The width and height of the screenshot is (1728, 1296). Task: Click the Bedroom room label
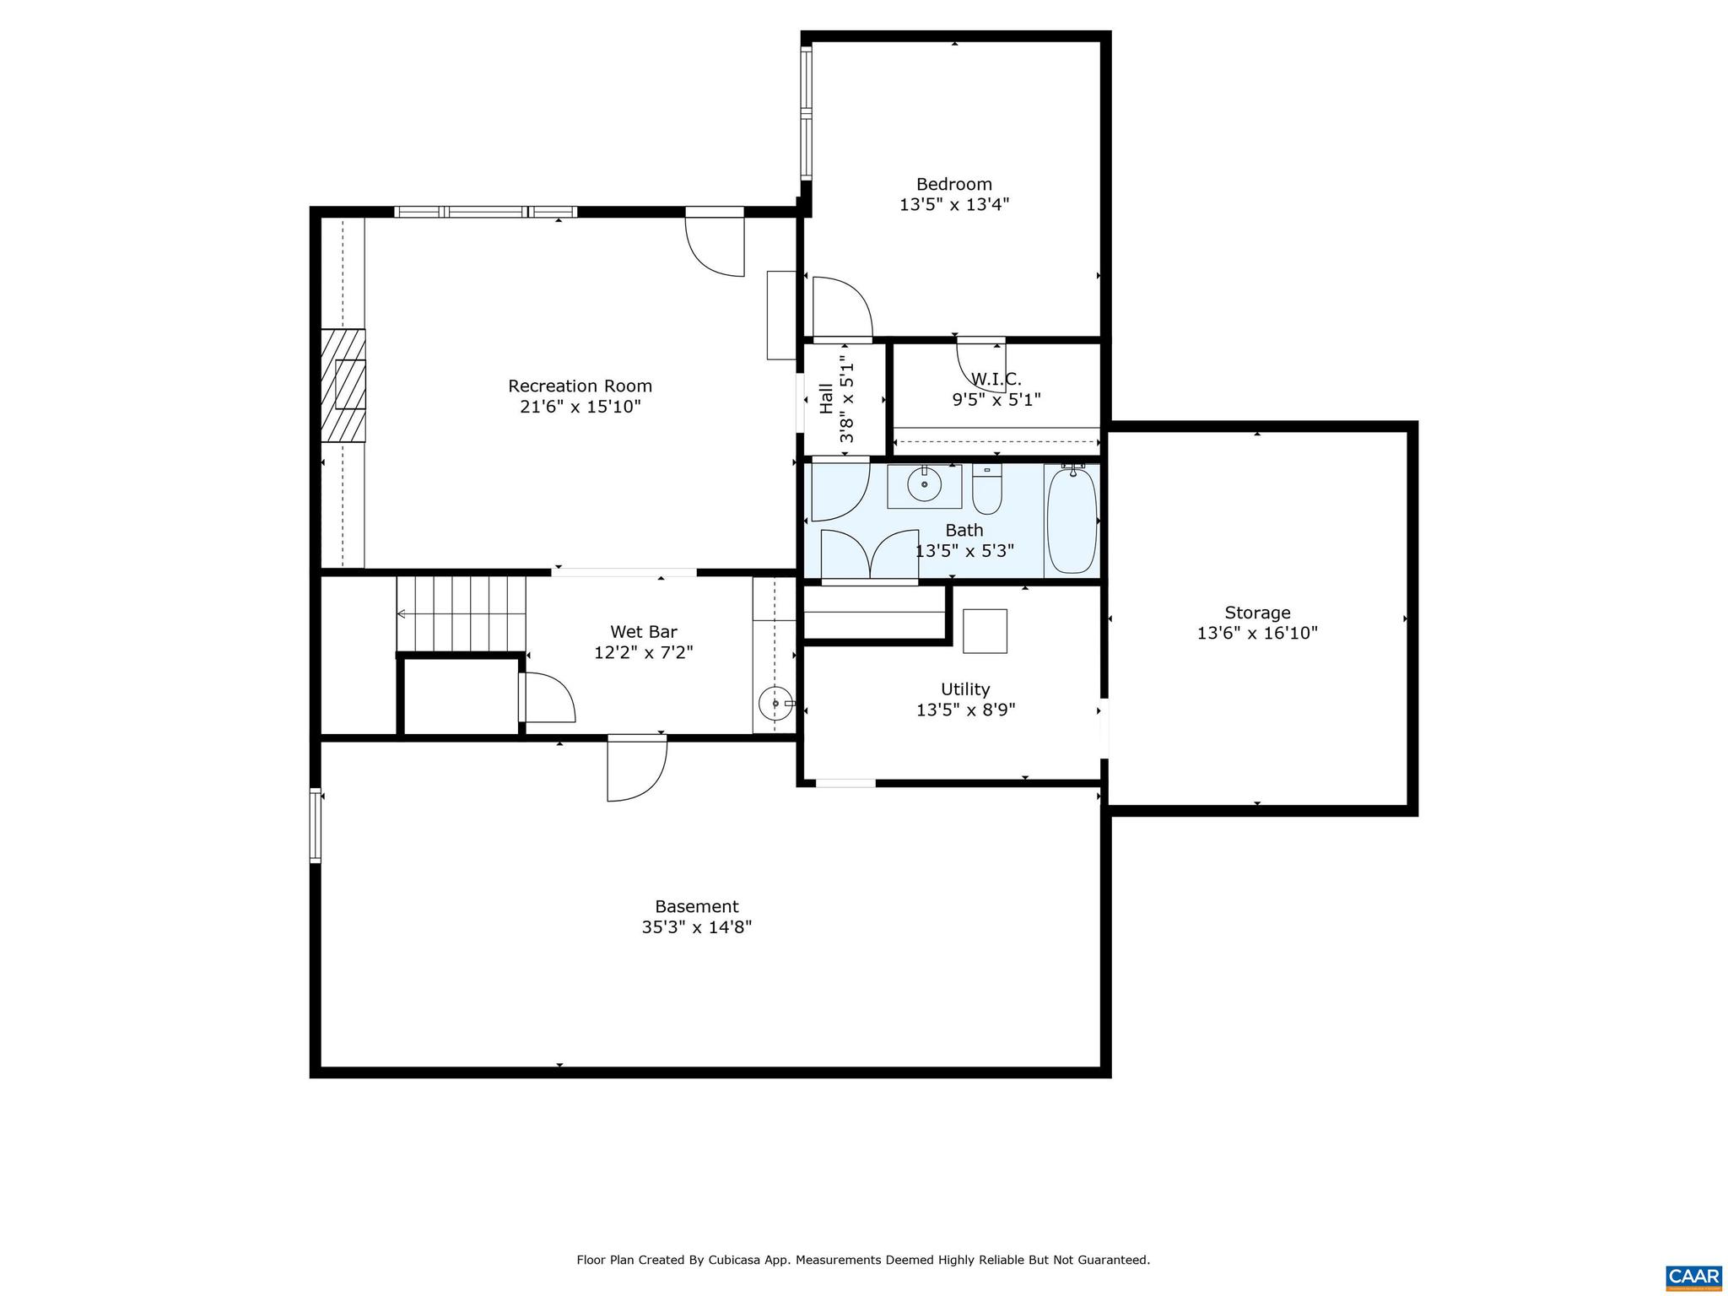(x=953, y=184)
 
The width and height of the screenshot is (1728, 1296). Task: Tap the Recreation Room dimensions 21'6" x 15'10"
(x=580, y=407)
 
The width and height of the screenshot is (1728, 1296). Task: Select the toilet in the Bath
(x=986, y=490)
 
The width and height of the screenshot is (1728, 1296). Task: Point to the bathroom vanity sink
(x=925, y=485)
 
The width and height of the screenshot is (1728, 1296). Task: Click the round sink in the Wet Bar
(x=775, y=703)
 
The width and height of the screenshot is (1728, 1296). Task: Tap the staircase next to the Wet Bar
(x=461, y=613)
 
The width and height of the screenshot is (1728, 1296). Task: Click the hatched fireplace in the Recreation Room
(x=343, y=385)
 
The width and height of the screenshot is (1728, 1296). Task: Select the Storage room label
(x=1257, y=613)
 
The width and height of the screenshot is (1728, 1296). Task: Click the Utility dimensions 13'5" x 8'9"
(x=965, y=710)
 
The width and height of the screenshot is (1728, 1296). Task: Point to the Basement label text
(x=696, y=906)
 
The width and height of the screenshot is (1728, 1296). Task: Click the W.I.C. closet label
(x=996, y=380)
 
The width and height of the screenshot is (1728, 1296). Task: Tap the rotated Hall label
(x=827, y=399)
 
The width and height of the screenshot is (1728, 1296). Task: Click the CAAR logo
(x=1693, y=1276)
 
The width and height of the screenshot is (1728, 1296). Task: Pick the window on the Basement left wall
(x=316, y=825)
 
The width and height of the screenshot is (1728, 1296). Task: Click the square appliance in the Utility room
(x=985, y=631)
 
